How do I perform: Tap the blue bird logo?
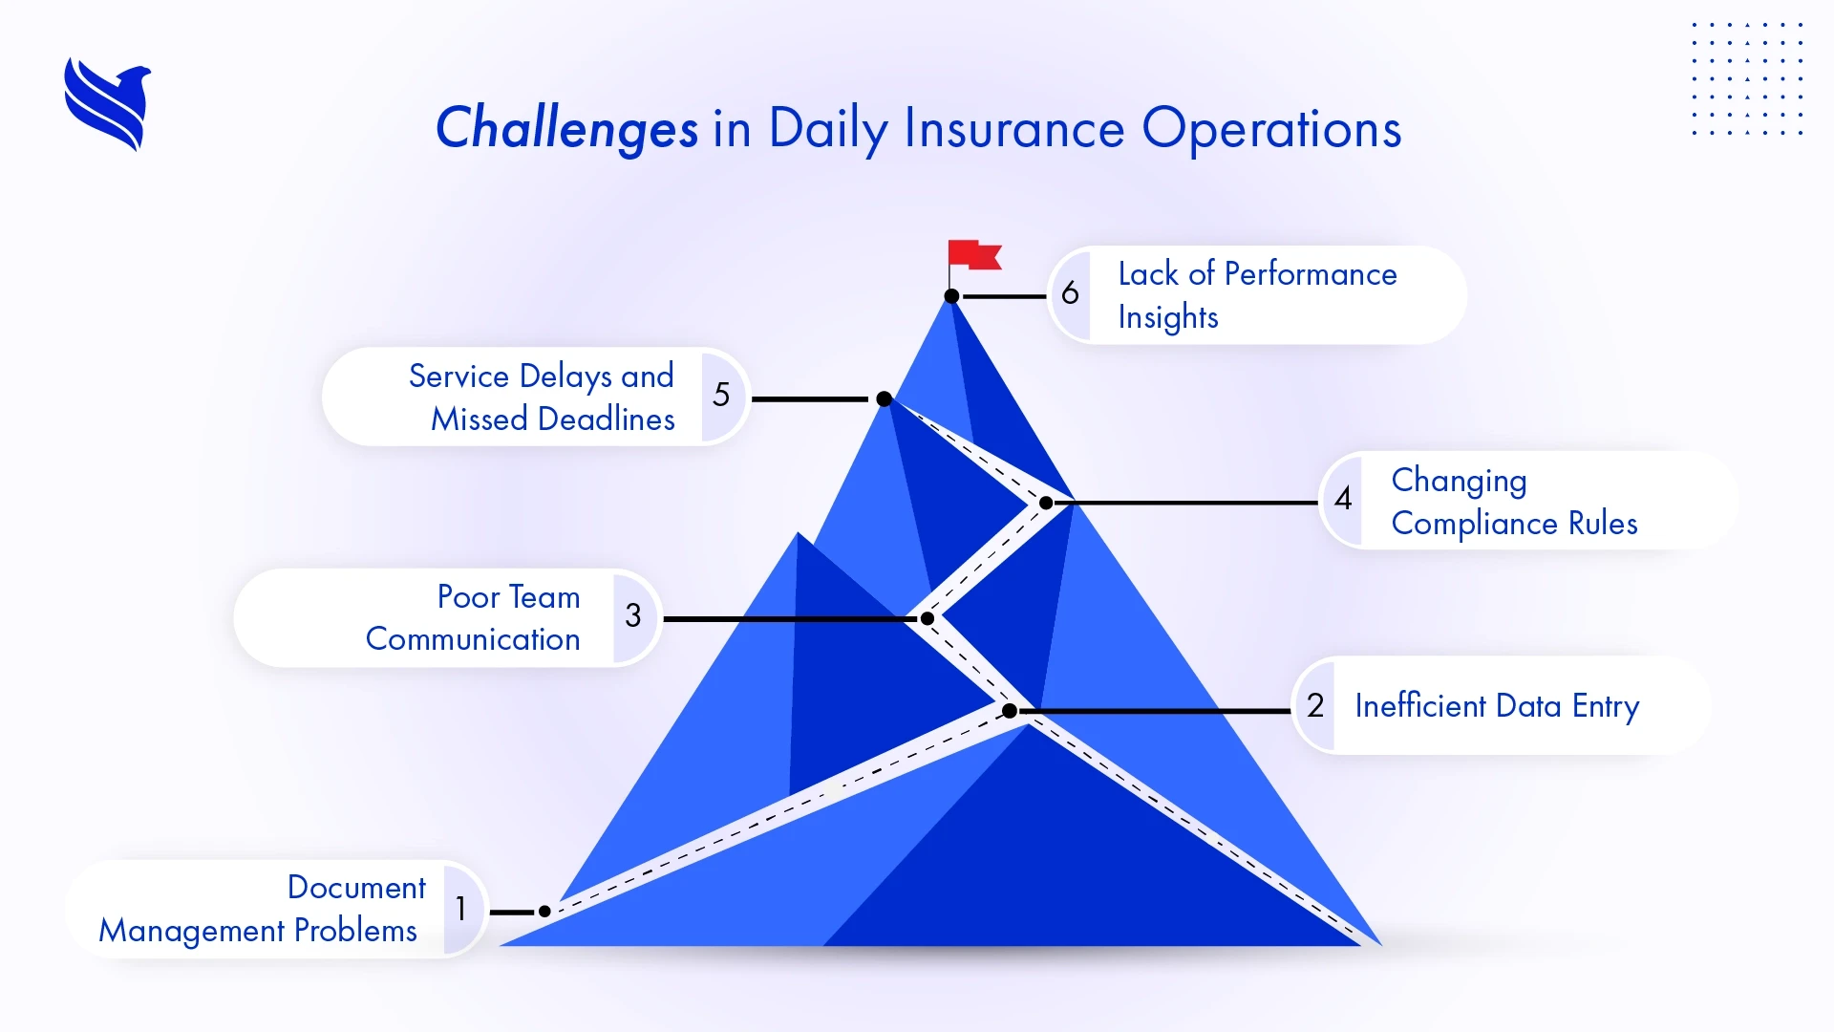pyautogui.click(x=108, y=104)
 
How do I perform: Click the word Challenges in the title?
pyautogui.click(x=566, y=129)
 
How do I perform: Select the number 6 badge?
pyautogui.click(x=1070, y=293)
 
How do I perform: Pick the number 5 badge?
pyautogui.click(x=721, y=395)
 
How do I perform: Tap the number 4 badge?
pyautogui.click(x=1343, y=498)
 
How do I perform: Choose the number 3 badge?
pyautogui.click(x=633, y=615)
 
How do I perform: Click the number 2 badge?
pyautogui.click(x=1315, y=706)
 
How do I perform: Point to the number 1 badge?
pyautogui.click(x=461, y=909)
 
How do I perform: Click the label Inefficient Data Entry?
pyautogui.click(x=1496, y=706)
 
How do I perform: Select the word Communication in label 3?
pyautogui.click(x=473, y=638)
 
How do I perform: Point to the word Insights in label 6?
pyautogui.click(x=1167, y=317)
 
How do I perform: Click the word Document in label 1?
pyautogui.click(x=356, y=887)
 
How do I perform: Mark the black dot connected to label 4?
pyautogui.click(x=1046, y=503)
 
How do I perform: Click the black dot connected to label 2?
pyautogui.click(x=1010, y=711)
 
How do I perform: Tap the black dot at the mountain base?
pyautogui.click(x=544, y=912)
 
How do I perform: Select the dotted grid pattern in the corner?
pyautogui.click(x=1746, y=79)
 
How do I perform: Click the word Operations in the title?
pyautogui.click(x=1270, y=129)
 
